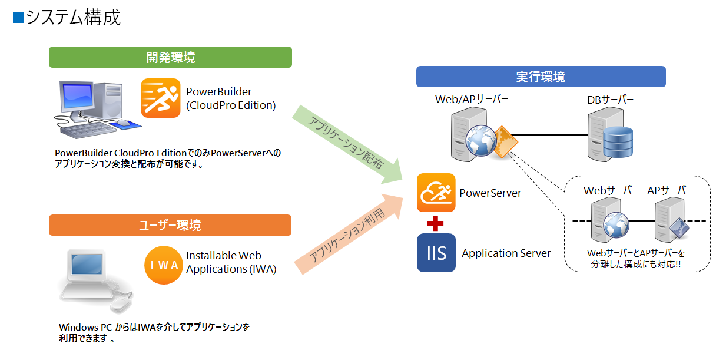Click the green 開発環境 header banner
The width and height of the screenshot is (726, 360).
click(170, 57)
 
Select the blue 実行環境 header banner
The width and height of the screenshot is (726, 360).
click(541, 77)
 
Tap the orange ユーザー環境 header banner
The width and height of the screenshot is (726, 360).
click(170, 224)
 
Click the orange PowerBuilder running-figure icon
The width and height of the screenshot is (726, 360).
click(161, 98)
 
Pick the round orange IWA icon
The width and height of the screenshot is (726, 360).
click(164, 265)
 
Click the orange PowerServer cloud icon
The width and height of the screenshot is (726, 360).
click(436, 193)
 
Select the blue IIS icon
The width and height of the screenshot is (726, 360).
click(436, 253)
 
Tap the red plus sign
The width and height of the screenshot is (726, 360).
click(435, 223)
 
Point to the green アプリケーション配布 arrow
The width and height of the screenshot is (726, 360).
click(347, 144)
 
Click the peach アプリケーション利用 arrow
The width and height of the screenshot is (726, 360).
click(349, 234)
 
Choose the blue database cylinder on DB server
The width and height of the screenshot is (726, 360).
click(618, 142)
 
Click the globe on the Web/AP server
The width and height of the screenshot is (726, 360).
click(481, 140)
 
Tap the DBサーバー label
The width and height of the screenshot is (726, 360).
click(610, 100)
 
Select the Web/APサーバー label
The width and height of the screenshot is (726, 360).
click(472, 99)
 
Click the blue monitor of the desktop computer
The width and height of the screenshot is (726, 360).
click(78, 97)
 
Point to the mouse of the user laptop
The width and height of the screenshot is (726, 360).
click(121, 305)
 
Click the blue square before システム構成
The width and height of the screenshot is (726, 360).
click(18, 18)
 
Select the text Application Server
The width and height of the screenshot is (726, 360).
click(506, 253)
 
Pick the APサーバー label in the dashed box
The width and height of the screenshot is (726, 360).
click(670, 190)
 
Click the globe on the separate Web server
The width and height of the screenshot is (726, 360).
click(616, 224)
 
